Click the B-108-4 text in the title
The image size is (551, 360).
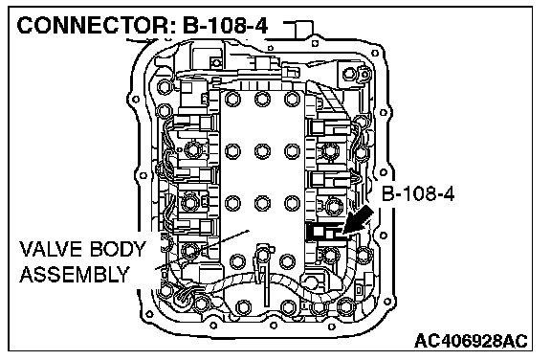225,26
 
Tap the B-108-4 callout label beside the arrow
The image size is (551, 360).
418,193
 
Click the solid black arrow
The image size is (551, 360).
358,220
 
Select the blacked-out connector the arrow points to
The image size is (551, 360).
324,232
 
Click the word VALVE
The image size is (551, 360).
52,249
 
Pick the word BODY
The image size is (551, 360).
117,249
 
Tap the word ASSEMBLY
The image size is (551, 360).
75,275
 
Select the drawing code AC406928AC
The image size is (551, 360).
471,340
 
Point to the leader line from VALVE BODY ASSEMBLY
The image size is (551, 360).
203,250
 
